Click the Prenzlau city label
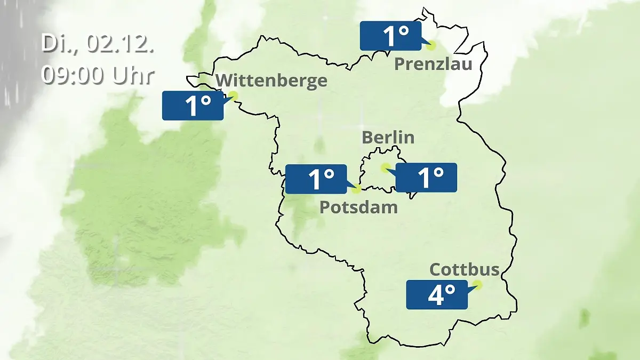(433, 65)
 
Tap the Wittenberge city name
(272, 81)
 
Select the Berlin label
(388, 137)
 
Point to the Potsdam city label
(358, 207)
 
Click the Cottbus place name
(465, 269)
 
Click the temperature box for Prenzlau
(390, 36)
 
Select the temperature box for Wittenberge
(193, 106)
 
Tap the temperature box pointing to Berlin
(426, 178)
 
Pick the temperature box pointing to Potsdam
(316, 179)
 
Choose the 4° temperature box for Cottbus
(437, 294)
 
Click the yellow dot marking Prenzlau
(431, 45)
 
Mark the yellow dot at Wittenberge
(233, 95)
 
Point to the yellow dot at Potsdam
(357, 188)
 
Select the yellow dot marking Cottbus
(477, 285)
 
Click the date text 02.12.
(121, 43)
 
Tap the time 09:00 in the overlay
(74, 75)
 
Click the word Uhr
(133, 75)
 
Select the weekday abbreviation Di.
(58, 43)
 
